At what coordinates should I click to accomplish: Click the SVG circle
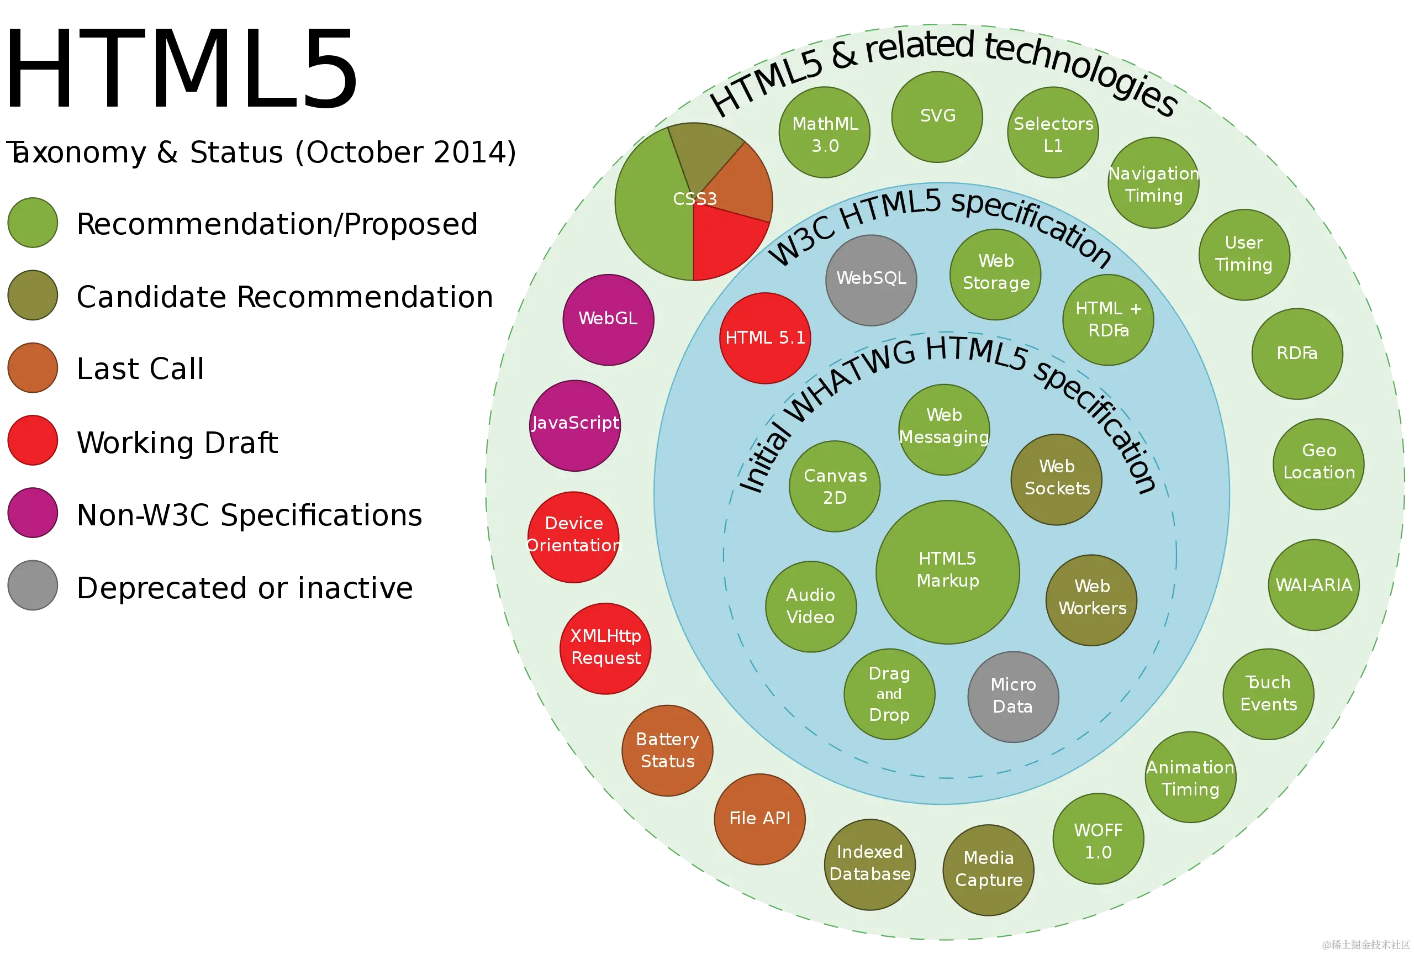(937, 117)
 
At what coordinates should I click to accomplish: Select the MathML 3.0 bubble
(824, 133)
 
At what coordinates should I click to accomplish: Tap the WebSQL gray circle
(871, 280)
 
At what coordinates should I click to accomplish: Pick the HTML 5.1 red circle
(764, 338)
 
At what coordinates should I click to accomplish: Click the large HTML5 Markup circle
(947, 571)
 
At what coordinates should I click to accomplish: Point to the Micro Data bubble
(1012, 696)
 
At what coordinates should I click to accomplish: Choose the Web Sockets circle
(1057, 479)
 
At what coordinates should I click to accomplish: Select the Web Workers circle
(1091, 599)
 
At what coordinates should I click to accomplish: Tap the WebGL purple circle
(608, 319)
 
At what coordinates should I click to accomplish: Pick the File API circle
(759, 818)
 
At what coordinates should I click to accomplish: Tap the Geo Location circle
(1318, 463)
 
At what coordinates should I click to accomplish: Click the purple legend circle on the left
(33, 512)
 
